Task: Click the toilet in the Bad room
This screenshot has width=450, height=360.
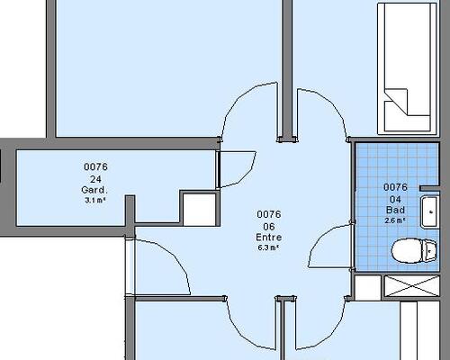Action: (x=414, y=251)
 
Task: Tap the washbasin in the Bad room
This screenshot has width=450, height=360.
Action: (x=429, y=211)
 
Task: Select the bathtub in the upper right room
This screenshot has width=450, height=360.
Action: (x=408, y=68)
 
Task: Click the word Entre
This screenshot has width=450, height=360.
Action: (x=269, y=238)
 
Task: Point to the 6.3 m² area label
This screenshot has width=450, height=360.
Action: (x=269, y=247)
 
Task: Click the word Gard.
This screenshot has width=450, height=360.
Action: (x=94, y=190)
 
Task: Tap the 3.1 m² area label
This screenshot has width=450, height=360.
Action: (x=95, y=200)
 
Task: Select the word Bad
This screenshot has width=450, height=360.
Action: (x=395, y=210)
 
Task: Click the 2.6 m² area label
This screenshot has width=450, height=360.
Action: (x=395, y=220)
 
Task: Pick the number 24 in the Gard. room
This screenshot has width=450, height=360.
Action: (x=95, y=179)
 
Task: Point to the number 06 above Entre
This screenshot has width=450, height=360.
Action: (x=269, y=227)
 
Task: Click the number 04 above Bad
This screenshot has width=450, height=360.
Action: (x=395, y=199)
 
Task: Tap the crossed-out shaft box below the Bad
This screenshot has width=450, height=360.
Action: (x=412, y=286)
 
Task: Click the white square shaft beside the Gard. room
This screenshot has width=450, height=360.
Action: (x=200, y=210)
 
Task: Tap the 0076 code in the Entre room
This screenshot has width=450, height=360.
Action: (x=269, y=214)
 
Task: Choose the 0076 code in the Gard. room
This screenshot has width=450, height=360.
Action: (x=95, y=166)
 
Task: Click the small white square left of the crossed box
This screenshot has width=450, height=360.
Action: (x=368, y=288)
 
